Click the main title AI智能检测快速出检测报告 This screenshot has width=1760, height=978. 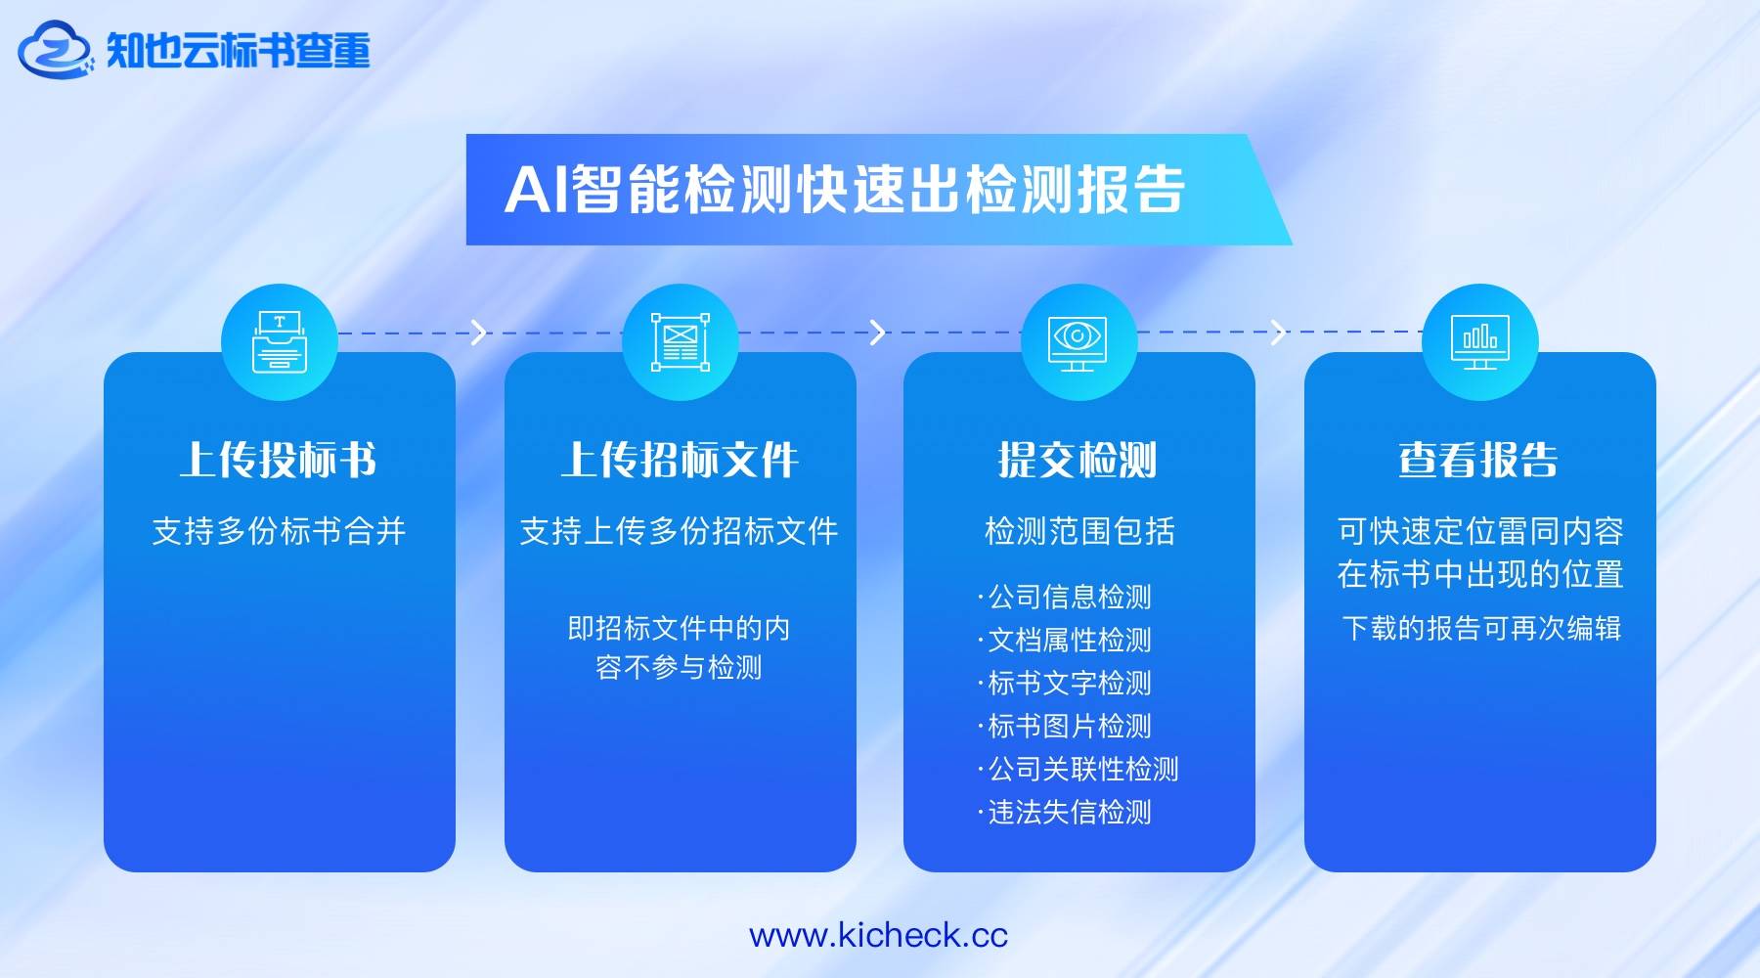pos(845,189)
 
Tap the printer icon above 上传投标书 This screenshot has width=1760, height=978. pos(280,341)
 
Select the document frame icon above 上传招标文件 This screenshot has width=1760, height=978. pos(681,342)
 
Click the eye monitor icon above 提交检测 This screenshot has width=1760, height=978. pos(1078,343)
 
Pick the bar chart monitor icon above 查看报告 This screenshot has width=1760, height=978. pos(1479,342)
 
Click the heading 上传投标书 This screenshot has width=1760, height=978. pos(279,460)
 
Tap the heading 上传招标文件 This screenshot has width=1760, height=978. pos(680,460)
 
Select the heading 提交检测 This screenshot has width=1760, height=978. pos(1078,460)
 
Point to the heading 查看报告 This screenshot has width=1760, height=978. pos(1478,460)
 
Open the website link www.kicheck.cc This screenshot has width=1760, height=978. pos(878,935)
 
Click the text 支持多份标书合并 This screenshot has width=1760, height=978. pos(279,531)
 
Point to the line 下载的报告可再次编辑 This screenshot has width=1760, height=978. pos(1481,628)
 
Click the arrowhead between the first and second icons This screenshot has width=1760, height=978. pos(479,333)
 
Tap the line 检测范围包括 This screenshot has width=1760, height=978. pos(1079,531)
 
